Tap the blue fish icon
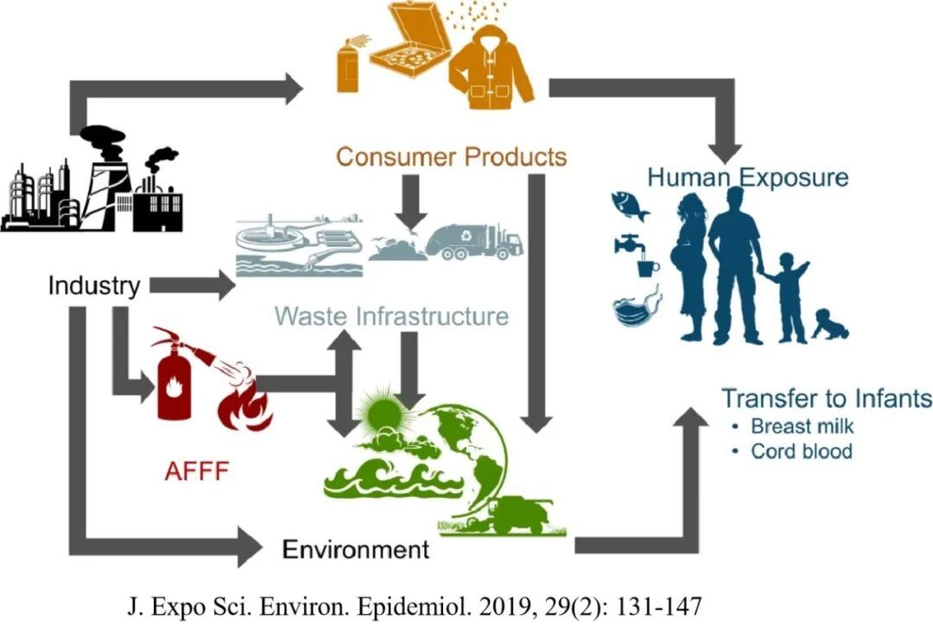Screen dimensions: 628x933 (628, 204)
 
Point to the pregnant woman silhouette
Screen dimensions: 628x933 (690, 259)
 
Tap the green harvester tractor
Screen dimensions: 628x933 (511, 517)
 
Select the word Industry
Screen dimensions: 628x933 (93, 286)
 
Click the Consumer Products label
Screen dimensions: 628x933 (451, 157)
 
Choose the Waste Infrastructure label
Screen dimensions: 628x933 (391, 316)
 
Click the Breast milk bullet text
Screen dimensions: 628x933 (801, 427)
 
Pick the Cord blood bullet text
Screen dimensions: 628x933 (801, 451)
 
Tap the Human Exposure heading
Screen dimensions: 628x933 (748, 178)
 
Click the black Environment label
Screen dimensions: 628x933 (356, 549)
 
